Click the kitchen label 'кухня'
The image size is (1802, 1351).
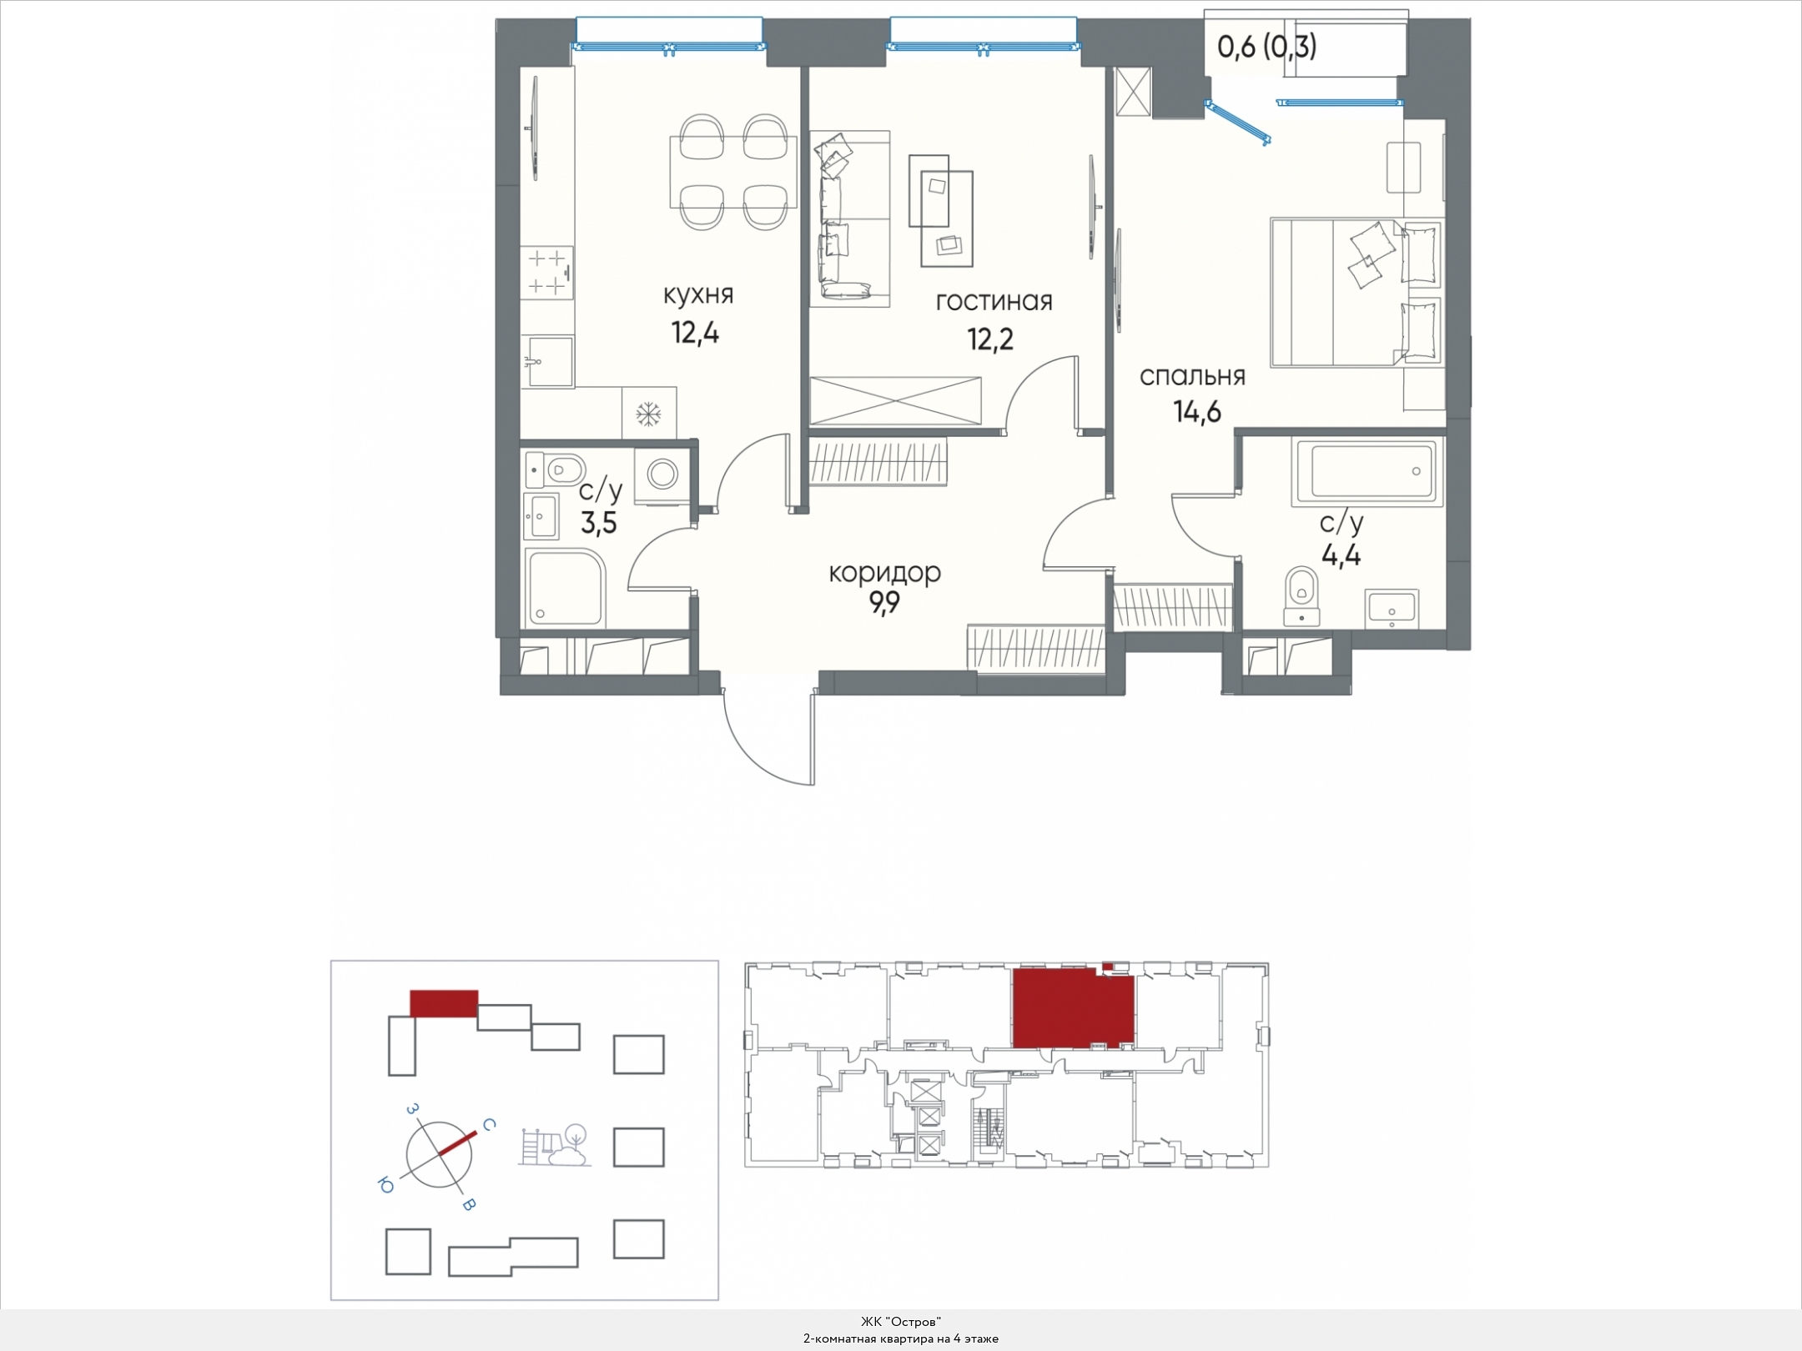(698, 296)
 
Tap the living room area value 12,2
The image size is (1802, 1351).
(990, 339)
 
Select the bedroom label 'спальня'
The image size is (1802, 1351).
(1192, 377)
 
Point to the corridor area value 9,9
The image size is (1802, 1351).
(885, 602)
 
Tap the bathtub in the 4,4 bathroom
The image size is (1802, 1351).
(1367, 472)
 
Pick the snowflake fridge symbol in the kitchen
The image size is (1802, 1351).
(649, 413)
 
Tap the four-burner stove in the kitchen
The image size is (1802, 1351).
(548, 273)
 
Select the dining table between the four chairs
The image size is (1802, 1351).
(733, 172)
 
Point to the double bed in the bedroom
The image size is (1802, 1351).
(1356, 292)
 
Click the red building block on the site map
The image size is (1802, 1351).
(444, 1003)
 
